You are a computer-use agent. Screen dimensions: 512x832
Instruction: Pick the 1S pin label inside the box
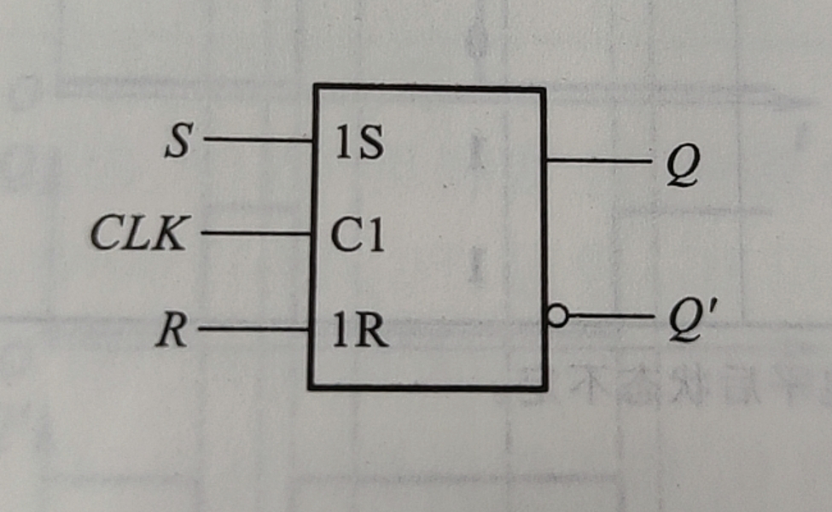358,147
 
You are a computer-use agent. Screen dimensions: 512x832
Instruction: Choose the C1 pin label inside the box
358,237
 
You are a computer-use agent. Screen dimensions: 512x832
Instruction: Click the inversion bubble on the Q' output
556,317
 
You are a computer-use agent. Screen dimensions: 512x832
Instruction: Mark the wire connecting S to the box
258,139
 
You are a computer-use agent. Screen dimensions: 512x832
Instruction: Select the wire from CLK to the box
256,232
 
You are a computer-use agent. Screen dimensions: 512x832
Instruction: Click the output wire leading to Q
597,160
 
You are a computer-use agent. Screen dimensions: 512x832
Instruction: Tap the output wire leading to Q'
610,317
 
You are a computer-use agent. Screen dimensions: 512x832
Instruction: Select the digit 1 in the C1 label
374,237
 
